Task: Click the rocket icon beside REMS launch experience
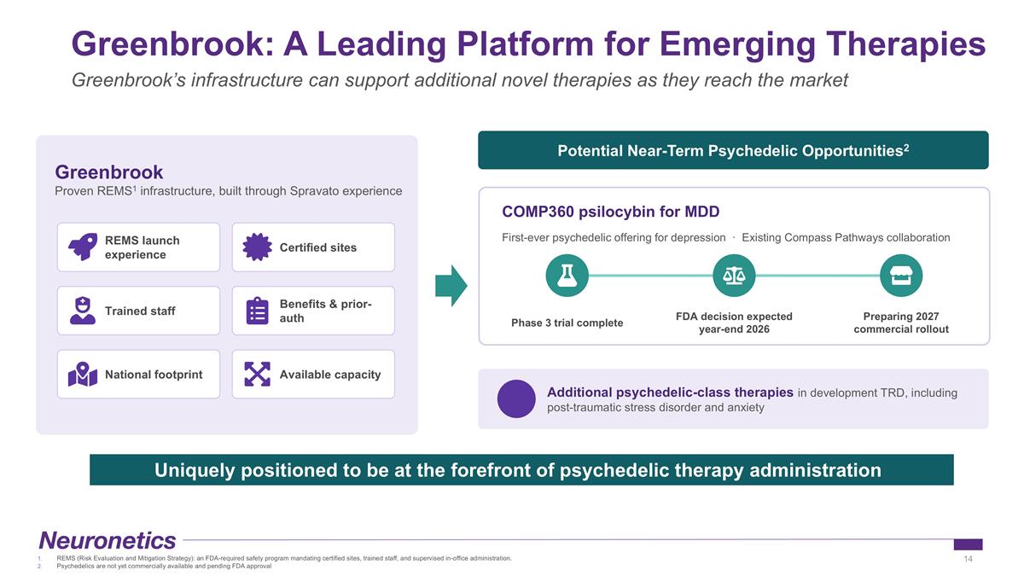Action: tap(83, 247)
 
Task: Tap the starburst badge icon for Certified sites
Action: tap(257, 247)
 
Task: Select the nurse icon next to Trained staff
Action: tap(83, 311)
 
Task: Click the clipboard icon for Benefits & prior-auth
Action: tap(258, 311)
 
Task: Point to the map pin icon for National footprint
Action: tap(83, 375)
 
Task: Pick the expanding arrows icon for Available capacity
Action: tap(258, 374)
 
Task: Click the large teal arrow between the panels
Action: tap(451, 286)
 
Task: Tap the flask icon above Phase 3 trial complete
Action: tap(567, 276)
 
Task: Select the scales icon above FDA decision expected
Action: tap(734, 276)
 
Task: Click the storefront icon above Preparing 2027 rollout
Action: tap(901, 276)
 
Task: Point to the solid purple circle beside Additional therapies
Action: tap(516, 399)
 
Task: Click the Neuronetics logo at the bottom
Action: tap(108, 540)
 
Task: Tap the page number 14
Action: tap(968, 559)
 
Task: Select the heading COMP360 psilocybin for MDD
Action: tap(611, 212)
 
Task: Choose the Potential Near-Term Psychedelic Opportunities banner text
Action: tap(733, 150)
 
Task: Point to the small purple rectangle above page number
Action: tap(968, 544)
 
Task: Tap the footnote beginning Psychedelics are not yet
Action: tap(164, 566)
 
